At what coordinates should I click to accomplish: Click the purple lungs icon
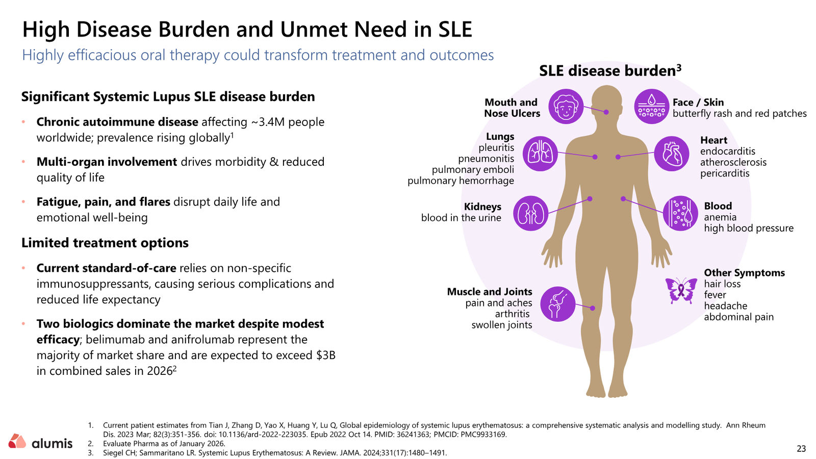click(540, 154)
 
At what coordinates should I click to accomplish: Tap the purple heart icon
click(671, 154)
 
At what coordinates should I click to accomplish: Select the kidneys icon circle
click(531, 214)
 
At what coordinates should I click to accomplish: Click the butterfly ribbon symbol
click(681, 290)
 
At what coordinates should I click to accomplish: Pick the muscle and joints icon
click(557, 304)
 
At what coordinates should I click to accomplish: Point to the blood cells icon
click(680, 214)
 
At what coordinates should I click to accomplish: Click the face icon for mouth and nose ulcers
click(566, 107)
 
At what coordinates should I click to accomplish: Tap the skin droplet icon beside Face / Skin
click(651, 107)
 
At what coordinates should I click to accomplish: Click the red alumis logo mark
click(17, 441)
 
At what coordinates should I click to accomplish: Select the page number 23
click(801, 449)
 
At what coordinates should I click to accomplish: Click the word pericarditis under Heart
click(725, 173)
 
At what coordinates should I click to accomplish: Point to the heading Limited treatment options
click(105, 243)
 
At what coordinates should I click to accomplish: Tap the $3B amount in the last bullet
click(326, 355)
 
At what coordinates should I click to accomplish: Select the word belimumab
click(115, 340)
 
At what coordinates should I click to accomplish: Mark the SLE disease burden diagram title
click(610, 71)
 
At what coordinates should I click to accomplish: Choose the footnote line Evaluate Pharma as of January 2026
click(164, 444)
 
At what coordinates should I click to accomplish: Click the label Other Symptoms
click(744, 273)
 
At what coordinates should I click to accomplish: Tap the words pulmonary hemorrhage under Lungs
click(461, 181)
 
